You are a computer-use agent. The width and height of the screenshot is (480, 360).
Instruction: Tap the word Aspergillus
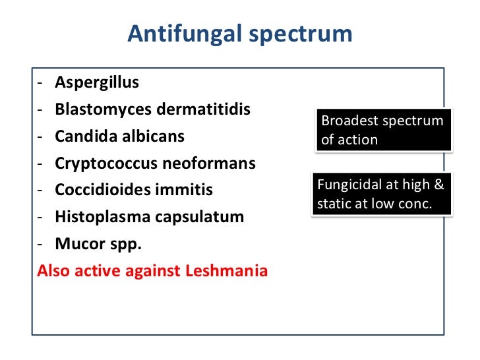pyautogui.click(x=97, y=83)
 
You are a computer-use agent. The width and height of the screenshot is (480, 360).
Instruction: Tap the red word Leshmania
pyautogui.click(x=228, y=271)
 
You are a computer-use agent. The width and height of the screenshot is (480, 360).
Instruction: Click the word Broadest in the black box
pyautogui.click(x=346, y=121)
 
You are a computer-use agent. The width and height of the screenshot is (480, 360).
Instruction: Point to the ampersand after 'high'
pyautogui.click(x=439, y=185)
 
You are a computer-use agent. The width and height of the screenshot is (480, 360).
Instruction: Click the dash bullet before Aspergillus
pyautogui.click(x=41, y=84)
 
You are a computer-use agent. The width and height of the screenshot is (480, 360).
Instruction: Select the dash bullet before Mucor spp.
pyautogui.click(x=41, y=245)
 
